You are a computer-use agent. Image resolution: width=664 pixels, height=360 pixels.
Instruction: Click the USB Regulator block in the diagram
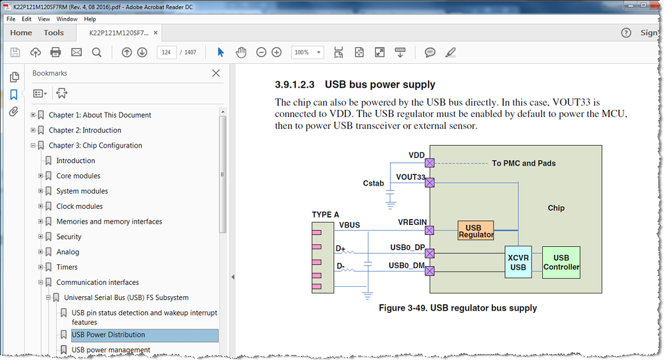click(476, 230)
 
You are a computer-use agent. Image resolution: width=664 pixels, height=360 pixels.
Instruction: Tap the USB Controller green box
click(561, 262)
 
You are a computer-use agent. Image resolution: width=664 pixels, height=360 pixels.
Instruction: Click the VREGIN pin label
click(412, 223)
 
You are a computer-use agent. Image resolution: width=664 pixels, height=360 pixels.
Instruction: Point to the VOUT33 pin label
click(411, 177)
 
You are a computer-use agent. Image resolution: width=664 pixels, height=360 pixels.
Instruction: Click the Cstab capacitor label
click(373, 183)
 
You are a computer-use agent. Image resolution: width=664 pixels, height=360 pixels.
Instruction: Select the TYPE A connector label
click(325, 214)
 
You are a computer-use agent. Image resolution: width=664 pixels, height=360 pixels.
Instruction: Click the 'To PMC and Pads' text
click(524, 163)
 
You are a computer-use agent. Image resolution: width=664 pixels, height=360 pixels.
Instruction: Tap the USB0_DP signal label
click(407, 248)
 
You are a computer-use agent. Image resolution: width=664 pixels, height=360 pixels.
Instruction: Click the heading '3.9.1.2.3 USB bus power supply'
click(355, 85)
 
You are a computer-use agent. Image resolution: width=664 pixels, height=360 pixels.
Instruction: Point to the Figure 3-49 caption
click(457, 307)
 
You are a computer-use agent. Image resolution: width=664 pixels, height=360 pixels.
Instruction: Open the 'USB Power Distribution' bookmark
click(108, 335)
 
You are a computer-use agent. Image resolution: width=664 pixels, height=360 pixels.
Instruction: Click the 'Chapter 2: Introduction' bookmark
click(84, 130)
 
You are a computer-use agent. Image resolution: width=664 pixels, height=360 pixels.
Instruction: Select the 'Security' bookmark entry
click(69, 237)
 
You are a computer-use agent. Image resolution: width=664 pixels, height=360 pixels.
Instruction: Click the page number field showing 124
click(166, 53)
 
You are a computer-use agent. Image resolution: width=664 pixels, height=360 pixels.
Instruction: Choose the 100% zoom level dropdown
click(307, 53)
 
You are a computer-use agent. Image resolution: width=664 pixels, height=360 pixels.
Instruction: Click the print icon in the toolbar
click(56, 53)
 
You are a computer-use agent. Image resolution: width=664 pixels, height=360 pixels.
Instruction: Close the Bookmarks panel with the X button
click(216, 73)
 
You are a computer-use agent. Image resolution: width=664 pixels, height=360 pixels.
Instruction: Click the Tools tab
click(54, 33)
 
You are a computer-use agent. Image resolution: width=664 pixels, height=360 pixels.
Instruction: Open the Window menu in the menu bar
click(67, 19)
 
